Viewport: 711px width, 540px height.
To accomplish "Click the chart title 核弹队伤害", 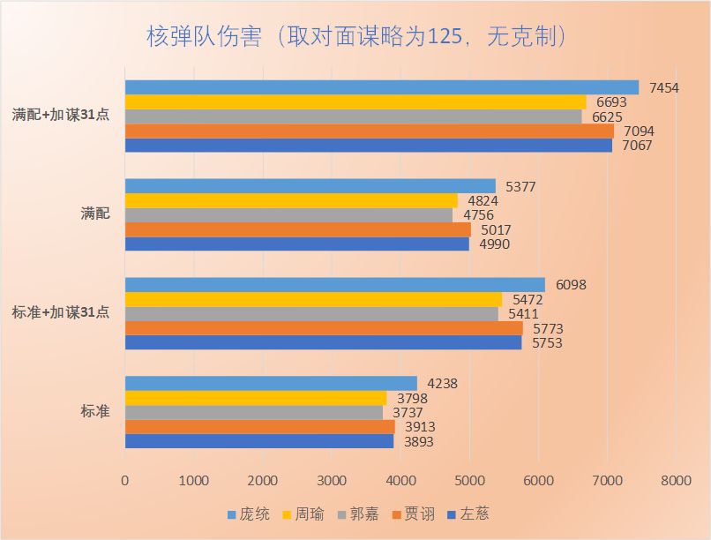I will [x=355, y=36].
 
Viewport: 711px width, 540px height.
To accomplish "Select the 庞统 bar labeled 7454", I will [x=381, y=87].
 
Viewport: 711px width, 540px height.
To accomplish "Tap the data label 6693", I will [x=612, y=102].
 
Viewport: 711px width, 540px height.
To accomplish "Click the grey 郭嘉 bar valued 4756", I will [x=288, y=214].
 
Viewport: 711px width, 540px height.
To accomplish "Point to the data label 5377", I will [x=521, y=186].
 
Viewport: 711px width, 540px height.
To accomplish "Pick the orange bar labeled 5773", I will [x=323, y=328].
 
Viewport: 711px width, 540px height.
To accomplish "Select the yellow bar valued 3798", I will [x=256, y=398].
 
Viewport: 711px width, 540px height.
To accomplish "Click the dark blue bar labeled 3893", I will [x=258, y=441].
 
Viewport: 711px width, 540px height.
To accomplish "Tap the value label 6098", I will [x=571, y=285].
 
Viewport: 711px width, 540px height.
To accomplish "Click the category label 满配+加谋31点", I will [x=61, y=115].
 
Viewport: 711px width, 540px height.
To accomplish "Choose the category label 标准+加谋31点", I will [x=61, y=311].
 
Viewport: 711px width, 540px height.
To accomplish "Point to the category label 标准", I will [x=95, y=410].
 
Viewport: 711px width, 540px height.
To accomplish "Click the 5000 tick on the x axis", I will [x=469, y=481].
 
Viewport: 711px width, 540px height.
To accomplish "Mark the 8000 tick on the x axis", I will [x=676, y=481].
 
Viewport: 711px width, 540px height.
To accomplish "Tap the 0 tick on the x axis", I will [x=125, y=481].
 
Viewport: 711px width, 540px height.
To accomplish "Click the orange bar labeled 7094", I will [x=369, y=131].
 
